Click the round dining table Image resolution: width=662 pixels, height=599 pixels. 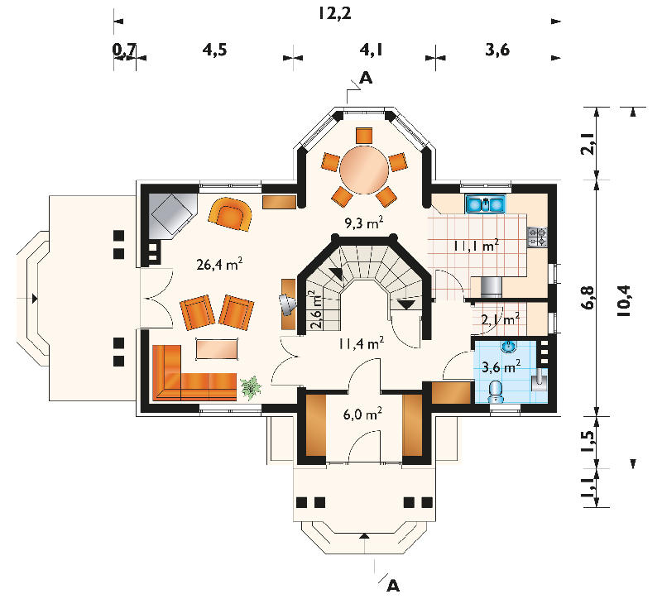tap(364, 170)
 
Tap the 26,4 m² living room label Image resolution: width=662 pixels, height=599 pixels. tap(219, 264)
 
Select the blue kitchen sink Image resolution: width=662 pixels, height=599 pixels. tap(486, 204)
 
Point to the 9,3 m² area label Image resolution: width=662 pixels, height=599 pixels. tap(364, 222)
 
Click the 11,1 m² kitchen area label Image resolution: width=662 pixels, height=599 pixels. tap(477, 246)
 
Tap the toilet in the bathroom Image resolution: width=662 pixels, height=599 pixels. tap(495, 393)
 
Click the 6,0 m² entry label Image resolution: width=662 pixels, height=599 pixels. tap(362, 414)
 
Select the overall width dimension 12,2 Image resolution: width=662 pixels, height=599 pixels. tap(335, 13)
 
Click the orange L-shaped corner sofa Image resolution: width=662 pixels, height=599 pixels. tap(192, 374)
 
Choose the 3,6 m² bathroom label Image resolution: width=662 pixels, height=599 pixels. tap(501, 367)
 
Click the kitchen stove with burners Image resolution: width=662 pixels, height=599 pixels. tap(537, 237)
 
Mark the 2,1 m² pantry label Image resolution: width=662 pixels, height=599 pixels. tap(501, 319)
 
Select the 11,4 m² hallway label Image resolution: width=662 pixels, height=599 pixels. tap(361, 343)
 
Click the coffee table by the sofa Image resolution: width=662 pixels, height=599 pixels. tap(217, 349)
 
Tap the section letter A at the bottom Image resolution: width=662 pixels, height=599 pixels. tap(392, 586)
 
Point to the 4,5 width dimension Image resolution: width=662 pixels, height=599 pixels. tap(214, 50)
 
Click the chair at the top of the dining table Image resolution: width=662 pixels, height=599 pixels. tap(364, 136)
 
